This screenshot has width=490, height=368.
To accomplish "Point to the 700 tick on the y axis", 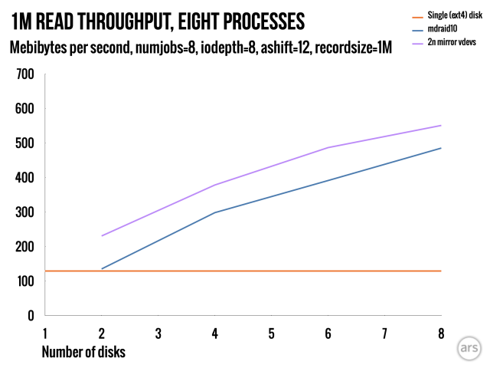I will (x=26, y=74).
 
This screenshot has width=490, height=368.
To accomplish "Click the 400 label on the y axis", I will (x=26, y=178).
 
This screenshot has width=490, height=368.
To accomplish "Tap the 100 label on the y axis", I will (x=26, y=281).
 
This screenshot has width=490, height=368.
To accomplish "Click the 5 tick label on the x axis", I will (x=271, y=333).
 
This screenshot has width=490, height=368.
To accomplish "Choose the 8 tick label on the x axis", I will (x=441, y=333).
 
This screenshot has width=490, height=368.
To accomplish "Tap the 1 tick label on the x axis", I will (x=45, y=333).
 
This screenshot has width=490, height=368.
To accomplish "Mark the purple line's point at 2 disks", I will (x=102, y=235).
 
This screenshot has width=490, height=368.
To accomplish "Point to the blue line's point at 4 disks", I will (x=215, y=212).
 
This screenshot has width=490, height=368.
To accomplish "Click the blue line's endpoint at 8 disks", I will (x=441, y=148).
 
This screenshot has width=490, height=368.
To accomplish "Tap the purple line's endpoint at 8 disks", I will (x=441, y=126).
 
